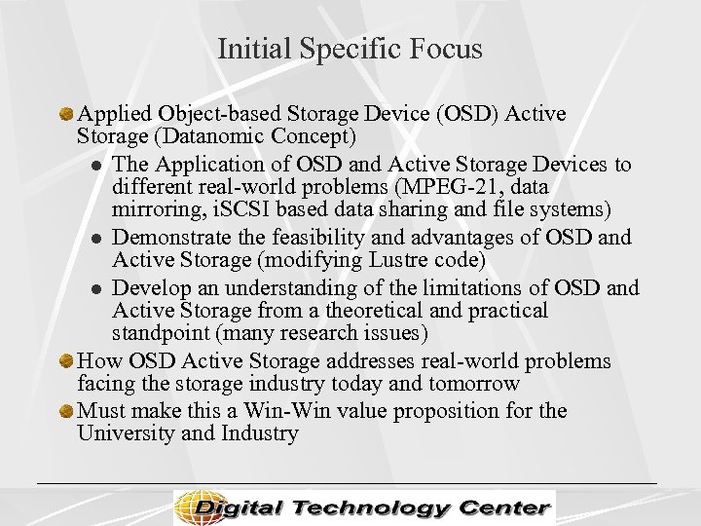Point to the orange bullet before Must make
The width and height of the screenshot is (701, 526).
click(x=67, y=409)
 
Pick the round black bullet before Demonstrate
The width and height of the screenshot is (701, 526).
click(x=96, y=239)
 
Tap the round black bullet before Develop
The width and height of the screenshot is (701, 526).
click(x=96, y=289)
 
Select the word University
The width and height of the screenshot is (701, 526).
click(x=126, y=433)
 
